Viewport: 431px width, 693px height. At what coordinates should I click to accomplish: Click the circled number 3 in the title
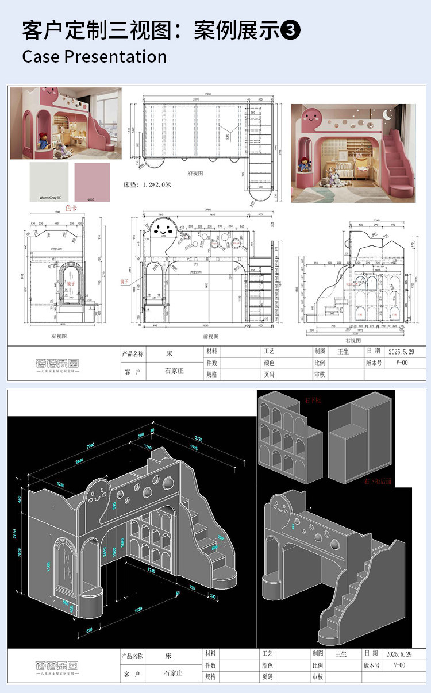coord(291,30)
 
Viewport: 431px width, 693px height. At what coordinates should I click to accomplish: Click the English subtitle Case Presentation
coord(94,57)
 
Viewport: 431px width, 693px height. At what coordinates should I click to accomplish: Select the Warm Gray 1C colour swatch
coord(49,181)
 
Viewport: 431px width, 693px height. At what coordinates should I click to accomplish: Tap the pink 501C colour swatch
coord(90,181)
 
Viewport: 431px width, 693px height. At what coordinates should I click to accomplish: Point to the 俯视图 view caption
coord(196,172)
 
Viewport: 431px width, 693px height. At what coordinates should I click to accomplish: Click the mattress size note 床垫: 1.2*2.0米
coord(147,185)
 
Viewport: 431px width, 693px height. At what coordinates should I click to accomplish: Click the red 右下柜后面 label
coord(377,482)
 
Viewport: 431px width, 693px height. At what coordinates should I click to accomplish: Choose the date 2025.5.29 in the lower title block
coord(397,654)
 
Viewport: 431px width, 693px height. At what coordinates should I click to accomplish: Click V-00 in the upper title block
coord(401,363)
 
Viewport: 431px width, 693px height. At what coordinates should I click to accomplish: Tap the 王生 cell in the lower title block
coord(342,654)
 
